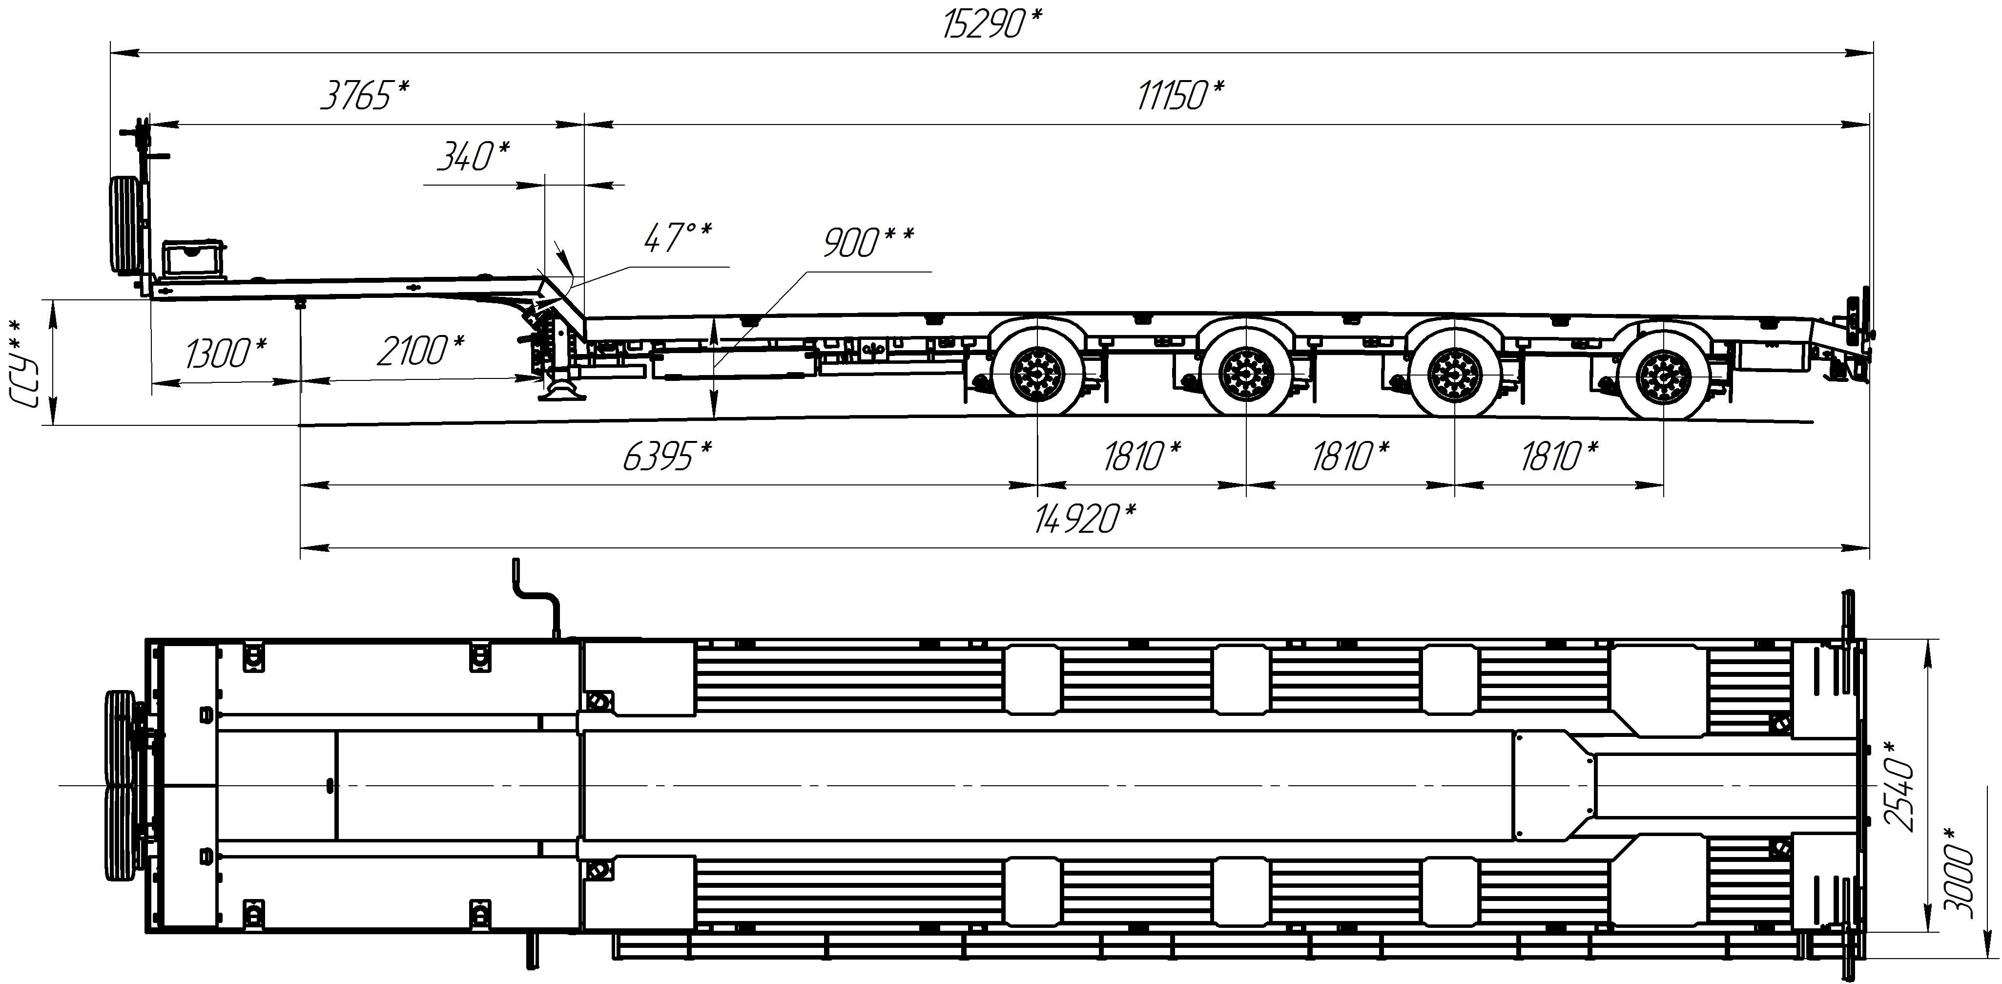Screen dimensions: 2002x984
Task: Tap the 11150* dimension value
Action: coord(1180,96)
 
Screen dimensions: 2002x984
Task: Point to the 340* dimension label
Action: coord(473,156)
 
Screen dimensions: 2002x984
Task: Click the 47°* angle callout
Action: coord(677,238)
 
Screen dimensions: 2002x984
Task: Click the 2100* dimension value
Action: coord(420,351)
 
